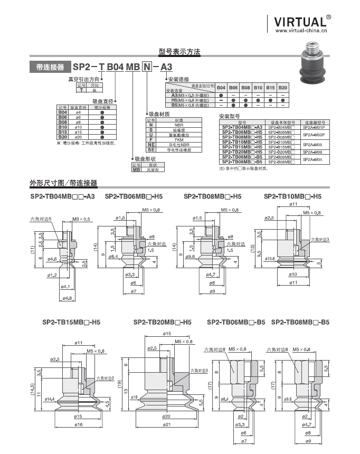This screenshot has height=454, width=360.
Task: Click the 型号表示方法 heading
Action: (179, 52)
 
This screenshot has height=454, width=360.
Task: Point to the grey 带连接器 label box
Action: (50, 67)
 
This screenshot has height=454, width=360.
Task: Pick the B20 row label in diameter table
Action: (62, 137)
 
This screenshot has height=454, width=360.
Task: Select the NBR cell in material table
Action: (178, 125)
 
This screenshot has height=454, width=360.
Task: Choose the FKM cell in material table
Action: (178, 139)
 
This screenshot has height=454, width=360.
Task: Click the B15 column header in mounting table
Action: (270, 87)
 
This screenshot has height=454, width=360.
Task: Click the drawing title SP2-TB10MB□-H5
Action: (292, 196)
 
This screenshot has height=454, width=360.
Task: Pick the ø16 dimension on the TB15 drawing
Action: (78, 424)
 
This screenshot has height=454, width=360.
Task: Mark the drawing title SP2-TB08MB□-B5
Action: (300, 322)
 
